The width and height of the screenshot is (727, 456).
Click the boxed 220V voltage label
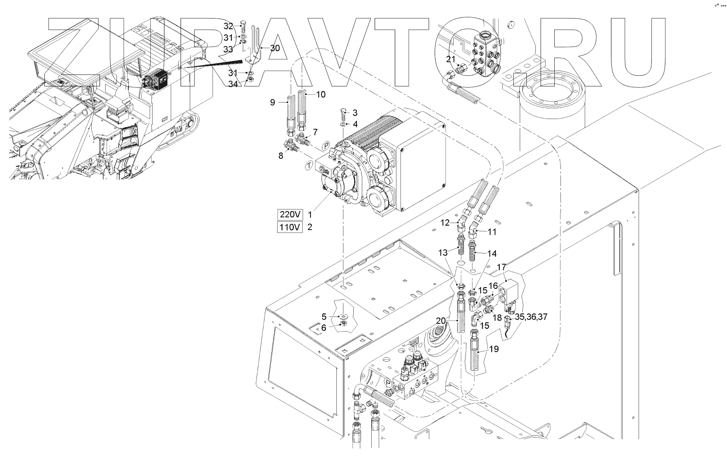tap(290, 214)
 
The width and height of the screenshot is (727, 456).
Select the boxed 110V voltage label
tap(290, 227)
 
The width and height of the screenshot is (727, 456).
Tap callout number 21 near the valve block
tap(451, 60)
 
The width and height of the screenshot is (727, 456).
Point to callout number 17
tap(501, 267)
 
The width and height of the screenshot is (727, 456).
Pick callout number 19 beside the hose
tap(494, 349)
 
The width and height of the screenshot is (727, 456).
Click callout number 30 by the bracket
tap(275, 48)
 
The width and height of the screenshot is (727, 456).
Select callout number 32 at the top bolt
tap(228, 26)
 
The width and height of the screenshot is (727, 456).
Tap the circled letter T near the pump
tap(307, 165)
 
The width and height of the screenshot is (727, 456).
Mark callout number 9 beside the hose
tap(272, 102)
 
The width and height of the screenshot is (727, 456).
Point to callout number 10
tap(321, 95)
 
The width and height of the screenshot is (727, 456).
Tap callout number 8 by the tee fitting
tap(281, 156)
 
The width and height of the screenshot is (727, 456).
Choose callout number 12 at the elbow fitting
tap(445, 223)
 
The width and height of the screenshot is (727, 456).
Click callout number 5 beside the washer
tap(324, 316)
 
